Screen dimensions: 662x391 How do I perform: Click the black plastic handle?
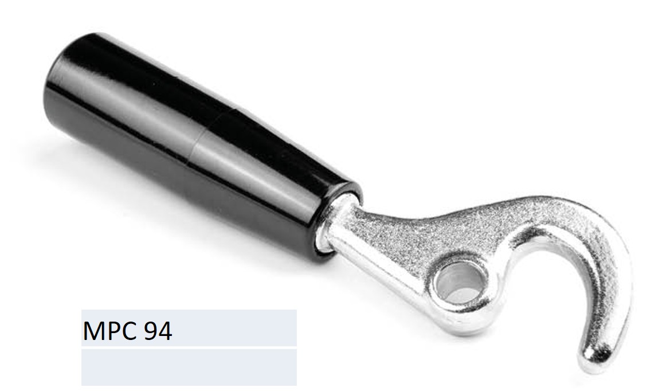203,143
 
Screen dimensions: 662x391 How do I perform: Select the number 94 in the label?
158,331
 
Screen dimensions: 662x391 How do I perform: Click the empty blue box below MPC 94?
189,367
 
